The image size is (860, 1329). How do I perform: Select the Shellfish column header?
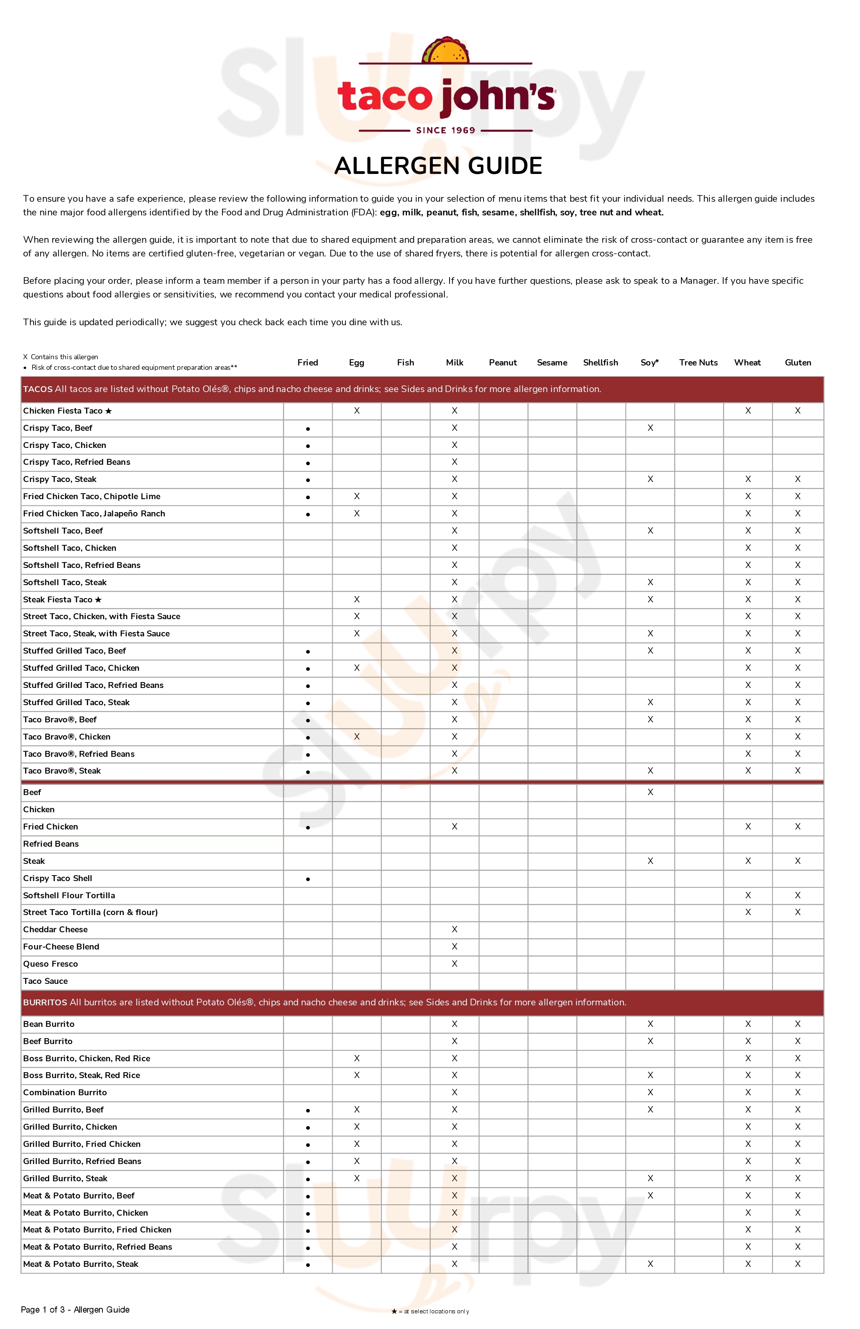pyautogui.click(x=600, y=362)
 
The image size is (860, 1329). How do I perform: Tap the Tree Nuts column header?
pyautogui.click(x=698, y=362)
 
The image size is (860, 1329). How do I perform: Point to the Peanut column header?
pyautogui.click(x=503, y=362)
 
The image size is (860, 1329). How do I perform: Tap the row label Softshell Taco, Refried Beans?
pyautogui.click(x=82, y=565)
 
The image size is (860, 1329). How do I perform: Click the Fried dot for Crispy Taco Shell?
pyautogui.click(x=308, y=879)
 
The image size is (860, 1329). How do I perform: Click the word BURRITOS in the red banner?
pyautogui.click(x=45, y=1002)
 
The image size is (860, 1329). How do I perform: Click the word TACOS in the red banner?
pyautogui.click(x=38, y=389)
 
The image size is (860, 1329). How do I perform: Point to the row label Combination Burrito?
pyautogui.click(x=65, y=1093)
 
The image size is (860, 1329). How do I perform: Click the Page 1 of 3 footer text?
pyautogui.click(x=75, y=1309)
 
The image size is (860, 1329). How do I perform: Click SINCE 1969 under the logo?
pyautogui.click(x=445, y=130)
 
